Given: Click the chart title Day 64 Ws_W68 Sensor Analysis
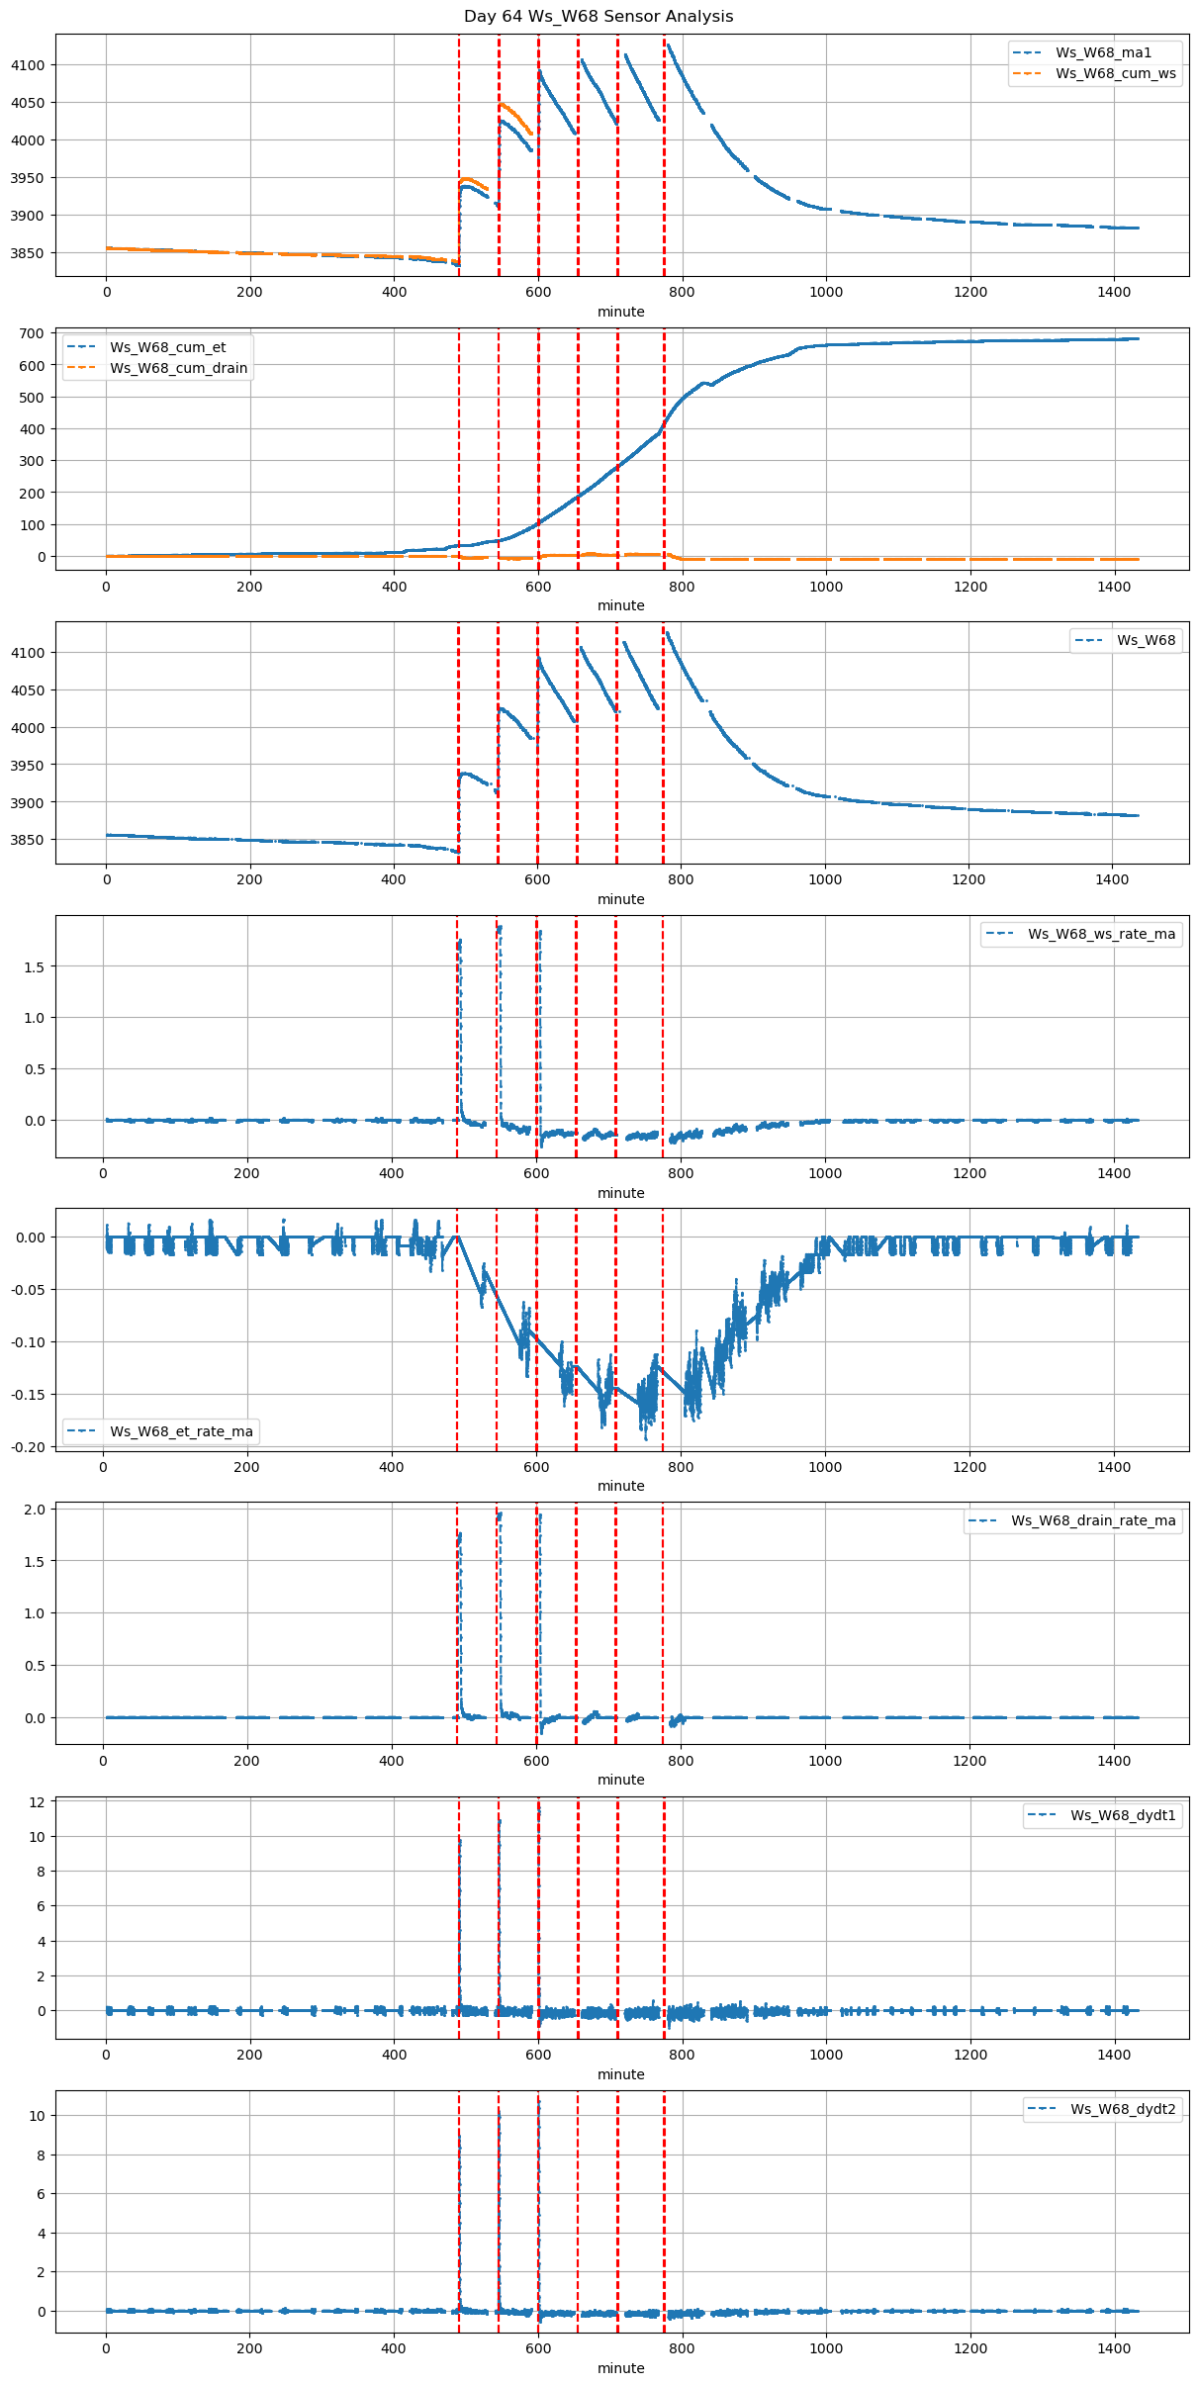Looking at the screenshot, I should coord(599,17).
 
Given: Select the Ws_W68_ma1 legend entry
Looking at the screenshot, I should coord(1103,52).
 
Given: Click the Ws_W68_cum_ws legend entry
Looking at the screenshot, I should coord(1115,73).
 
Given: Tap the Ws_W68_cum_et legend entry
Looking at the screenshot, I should coord(167,347).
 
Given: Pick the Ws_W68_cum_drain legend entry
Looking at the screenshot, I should coord(178,368).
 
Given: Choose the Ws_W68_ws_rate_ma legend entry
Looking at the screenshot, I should coord(1101,934).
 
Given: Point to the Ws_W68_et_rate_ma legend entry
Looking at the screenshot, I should coord(181,1431).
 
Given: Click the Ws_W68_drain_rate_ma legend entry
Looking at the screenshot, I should coord(1093,1520).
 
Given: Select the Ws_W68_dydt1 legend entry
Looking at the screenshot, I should coord(1123,1815).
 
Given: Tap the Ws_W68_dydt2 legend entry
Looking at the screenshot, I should coord(1123,2109).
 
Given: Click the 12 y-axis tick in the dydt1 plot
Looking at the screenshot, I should coord(38,1801).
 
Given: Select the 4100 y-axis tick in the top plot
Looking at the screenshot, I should coord(28,65).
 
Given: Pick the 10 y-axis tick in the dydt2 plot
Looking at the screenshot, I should coord(38,2116).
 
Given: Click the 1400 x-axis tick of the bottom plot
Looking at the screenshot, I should coord(1114,2348).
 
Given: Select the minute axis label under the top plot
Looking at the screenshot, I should coord(621,312).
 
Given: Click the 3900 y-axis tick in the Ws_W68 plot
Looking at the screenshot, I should coord(28,802).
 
